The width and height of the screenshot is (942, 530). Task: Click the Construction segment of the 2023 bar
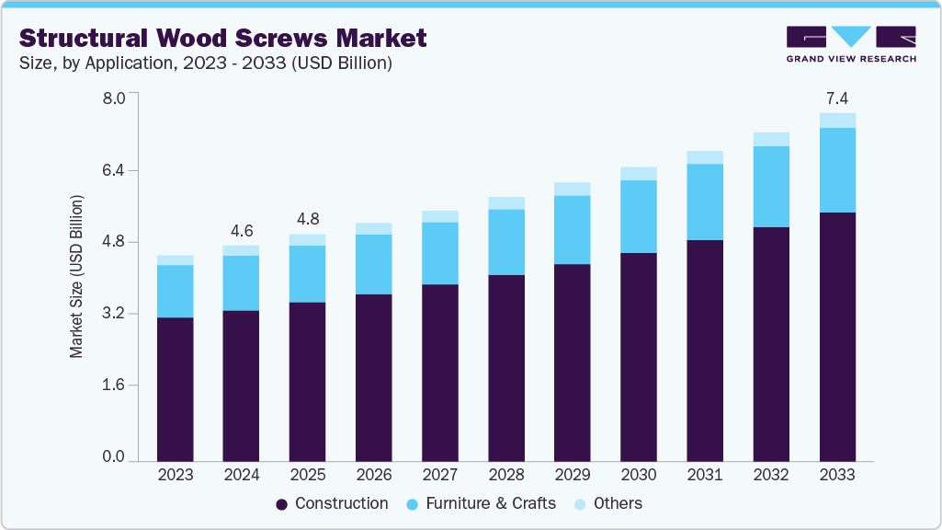point(176,388)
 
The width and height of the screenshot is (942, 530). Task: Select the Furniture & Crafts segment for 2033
point(837,170)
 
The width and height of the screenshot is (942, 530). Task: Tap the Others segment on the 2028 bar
point(506,203)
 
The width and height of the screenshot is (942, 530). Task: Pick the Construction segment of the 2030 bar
point(639,356)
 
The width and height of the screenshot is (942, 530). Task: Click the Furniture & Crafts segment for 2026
point(374,264)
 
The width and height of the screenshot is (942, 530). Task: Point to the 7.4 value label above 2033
point(837,98)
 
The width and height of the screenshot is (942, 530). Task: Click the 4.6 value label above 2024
point(242,231)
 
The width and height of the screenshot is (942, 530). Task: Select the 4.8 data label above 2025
point(308,220)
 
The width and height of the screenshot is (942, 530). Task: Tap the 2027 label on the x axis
point(440,475)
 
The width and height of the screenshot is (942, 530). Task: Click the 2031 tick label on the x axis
point(705,475)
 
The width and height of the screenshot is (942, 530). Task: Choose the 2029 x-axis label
point(573,475)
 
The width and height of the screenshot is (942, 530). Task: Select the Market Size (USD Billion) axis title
point(77,277)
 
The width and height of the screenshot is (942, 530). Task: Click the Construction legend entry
point(332,503)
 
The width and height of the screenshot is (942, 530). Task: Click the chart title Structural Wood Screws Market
point(223,38)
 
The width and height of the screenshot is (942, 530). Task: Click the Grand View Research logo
point(851,43)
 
